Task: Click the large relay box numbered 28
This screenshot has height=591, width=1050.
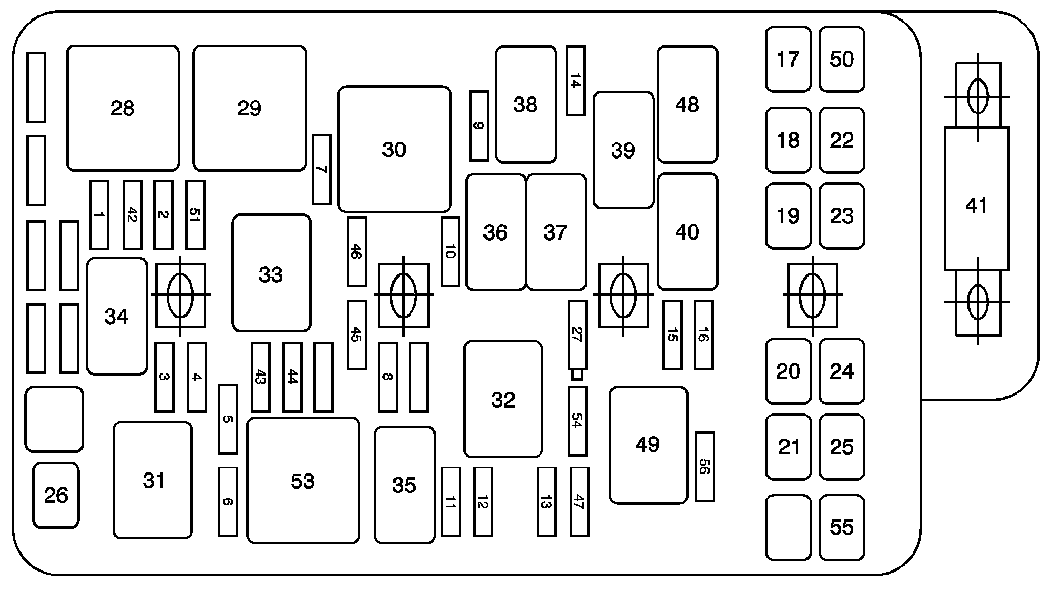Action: click(123, 108)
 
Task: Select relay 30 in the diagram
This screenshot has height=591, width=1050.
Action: click(394, 149)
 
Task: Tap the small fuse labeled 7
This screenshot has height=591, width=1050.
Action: click(321, 169)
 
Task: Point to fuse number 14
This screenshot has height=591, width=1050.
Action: click(576, 81)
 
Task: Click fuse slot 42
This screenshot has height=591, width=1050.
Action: click(132, 215)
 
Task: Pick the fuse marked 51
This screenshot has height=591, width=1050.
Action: click(195, 215)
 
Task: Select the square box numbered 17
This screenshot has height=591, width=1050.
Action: click(789, 59)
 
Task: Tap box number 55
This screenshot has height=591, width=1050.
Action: click(842, 527)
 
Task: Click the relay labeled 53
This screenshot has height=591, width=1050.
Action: click(303, 480)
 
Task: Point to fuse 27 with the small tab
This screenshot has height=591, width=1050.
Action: click(577, 335)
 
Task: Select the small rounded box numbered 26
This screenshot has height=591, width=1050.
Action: click(56, 495)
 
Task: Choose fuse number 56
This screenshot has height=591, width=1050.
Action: click(704, 466)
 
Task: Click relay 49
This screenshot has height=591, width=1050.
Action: click(649, 445)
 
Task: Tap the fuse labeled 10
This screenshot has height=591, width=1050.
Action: click(451, 251)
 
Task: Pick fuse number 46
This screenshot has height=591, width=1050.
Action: click(356, 251)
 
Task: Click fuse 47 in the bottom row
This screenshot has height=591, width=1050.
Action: click(579, 502)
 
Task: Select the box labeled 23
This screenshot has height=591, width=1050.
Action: click(842, 215)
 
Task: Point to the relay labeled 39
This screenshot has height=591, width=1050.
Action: click(623, 150)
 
